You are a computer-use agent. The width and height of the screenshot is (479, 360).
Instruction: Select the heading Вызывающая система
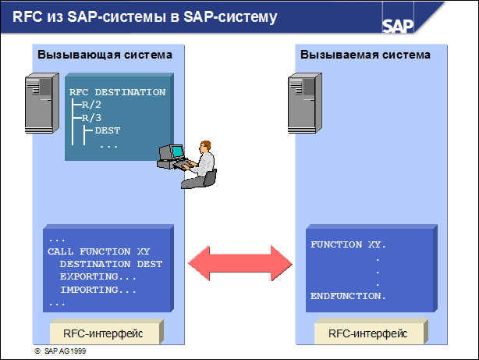[x=104, y=55]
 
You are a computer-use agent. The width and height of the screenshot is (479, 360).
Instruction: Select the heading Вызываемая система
[x=365, y=55]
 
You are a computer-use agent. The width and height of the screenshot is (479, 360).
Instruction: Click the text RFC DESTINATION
[x=117, y=92]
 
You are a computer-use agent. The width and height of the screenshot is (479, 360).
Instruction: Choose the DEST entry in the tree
[x=107, y=130]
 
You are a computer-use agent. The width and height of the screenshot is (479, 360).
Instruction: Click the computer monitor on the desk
[x=173, y=153]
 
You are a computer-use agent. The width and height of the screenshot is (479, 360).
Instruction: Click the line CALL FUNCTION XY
[x=98, y=251]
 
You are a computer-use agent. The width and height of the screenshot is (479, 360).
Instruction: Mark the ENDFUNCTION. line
[x=348, y=297]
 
